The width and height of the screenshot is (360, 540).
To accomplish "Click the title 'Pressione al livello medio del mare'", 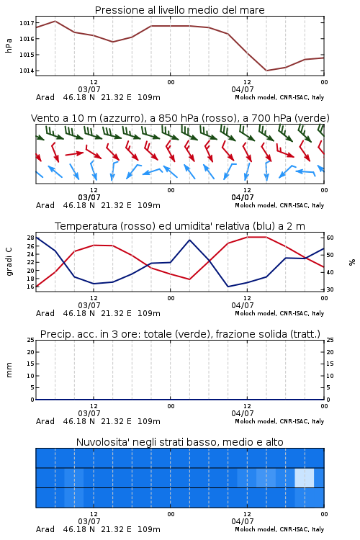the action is (179, 10).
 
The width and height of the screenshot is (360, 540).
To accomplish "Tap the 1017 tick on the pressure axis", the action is (27, 23).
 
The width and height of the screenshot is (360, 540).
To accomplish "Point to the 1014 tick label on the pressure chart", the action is (27, 71).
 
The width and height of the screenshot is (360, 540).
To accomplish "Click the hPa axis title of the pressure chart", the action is (9, 45).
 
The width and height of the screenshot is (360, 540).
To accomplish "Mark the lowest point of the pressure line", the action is (266, 71).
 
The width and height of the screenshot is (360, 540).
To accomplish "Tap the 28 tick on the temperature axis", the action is (31, 238).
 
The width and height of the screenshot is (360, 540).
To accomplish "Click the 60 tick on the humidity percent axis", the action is (330, 238).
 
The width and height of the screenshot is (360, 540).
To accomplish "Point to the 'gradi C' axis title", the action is (9, 261).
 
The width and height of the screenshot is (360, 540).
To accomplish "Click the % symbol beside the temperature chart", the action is (352, 262).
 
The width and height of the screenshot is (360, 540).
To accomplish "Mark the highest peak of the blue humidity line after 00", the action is (189, 240).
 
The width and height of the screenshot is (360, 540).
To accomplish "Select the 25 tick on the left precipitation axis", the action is (31, 340).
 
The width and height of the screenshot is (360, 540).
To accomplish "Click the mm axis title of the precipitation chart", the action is (9, 370).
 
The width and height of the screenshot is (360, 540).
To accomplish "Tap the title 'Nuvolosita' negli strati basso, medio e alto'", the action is (179, 442).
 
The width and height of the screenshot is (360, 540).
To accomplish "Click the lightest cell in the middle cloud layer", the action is (304, 477).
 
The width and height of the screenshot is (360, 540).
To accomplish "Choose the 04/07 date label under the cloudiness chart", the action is (243, 521).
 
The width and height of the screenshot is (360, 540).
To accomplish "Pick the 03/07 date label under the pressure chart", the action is (89, 89).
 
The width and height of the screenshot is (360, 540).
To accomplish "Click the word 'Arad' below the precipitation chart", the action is (45, 421).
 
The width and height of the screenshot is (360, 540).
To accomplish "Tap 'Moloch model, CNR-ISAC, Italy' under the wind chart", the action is (279, 205).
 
